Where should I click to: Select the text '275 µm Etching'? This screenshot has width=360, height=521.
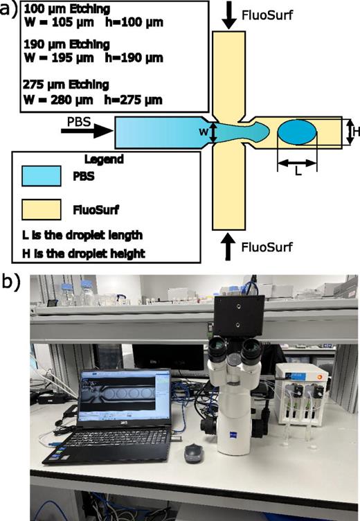42,85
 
